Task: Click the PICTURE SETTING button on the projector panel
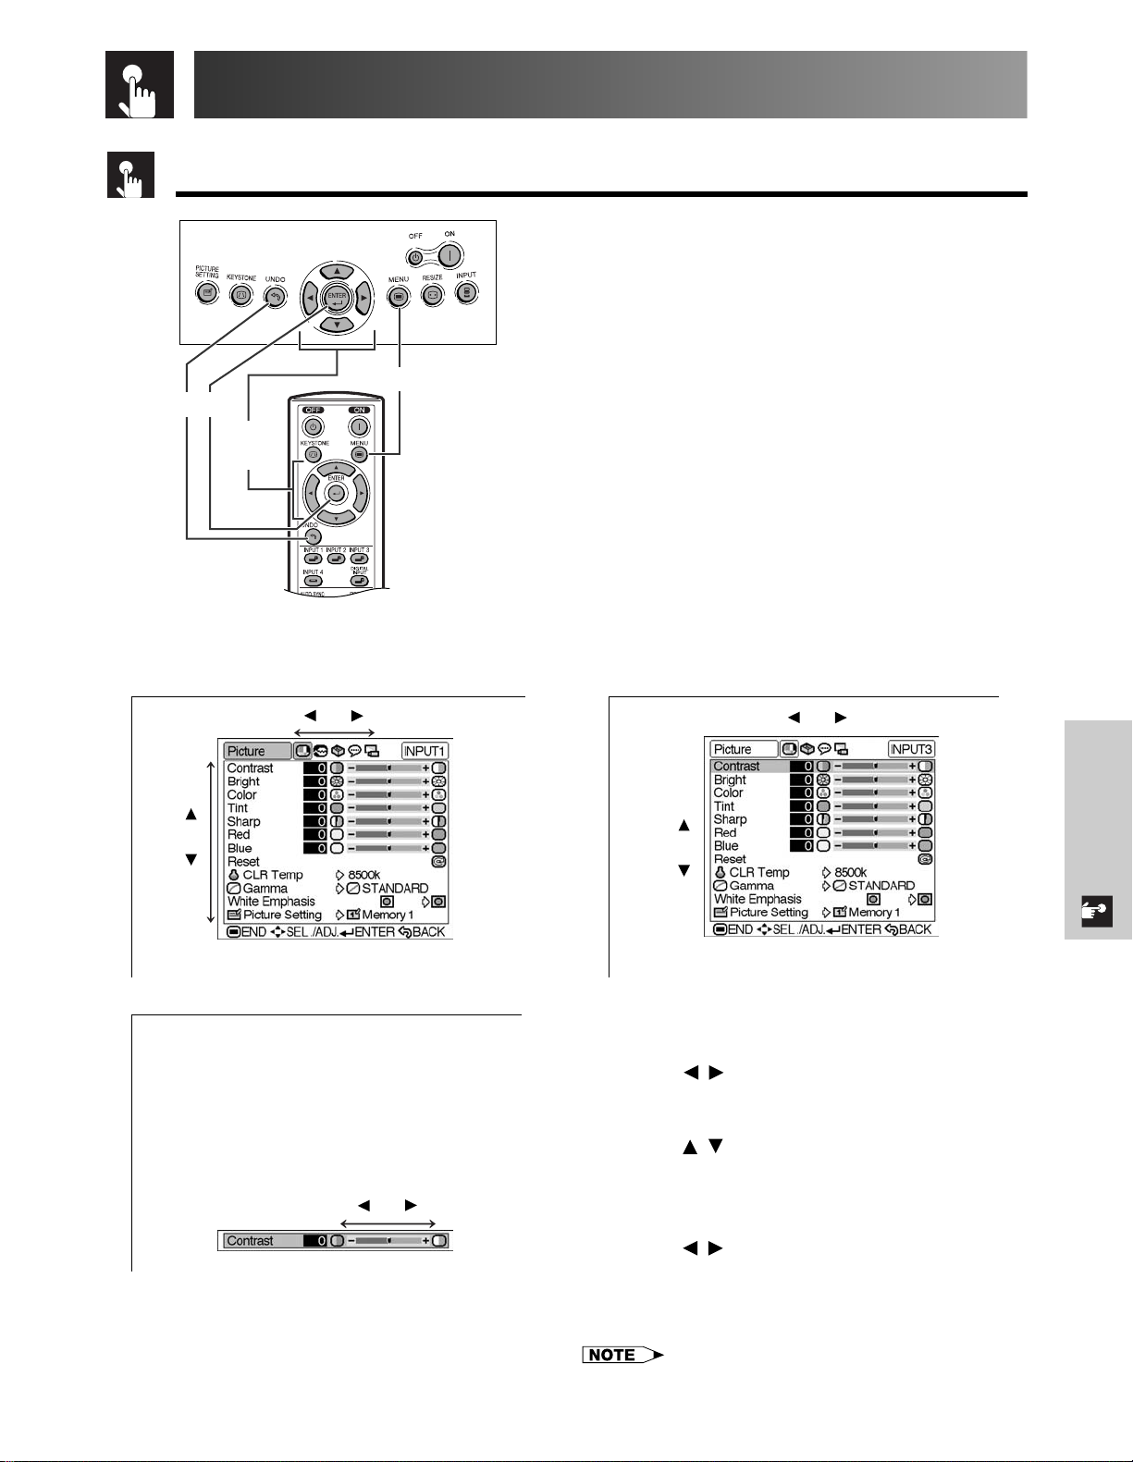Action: click(x=207, y=293)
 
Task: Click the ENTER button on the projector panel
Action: click(x=337, y=299)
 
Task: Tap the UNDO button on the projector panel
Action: click(x=275, y=296)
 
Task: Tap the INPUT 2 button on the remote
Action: click(x=336, y=559)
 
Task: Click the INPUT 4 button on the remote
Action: click(x=313, y=581)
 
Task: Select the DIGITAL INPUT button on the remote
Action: click(x=359, y=581)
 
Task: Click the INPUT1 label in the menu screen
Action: click(x=425, y=751)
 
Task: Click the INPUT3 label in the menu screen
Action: click(x=912, y=749)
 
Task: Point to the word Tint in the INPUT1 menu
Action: click(x=238, y=808)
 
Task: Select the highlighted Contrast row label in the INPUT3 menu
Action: click(x=736, y=767)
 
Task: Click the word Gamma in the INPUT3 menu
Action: click(x=751, y=885)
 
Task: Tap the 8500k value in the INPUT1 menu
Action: click(x=363, y=875)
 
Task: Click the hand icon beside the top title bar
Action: click(x=140, y=85)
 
